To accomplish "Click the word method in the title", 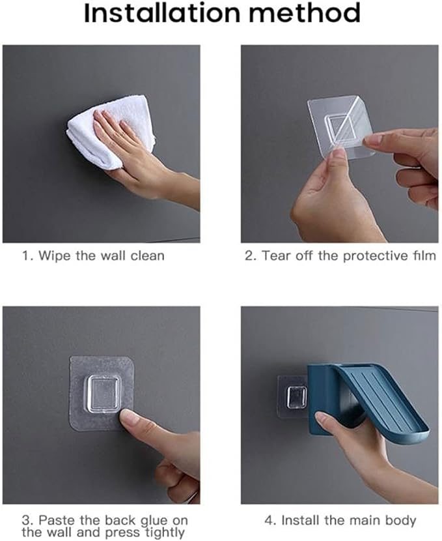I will point(303,14).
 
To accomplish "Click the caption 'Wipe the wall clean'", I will point(93,256).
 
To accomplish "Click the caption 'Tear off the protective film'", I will point(340,256).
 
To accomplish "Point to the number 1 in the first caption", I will point(26,256).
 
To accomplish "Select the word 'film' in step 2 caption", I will point(424,256).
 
